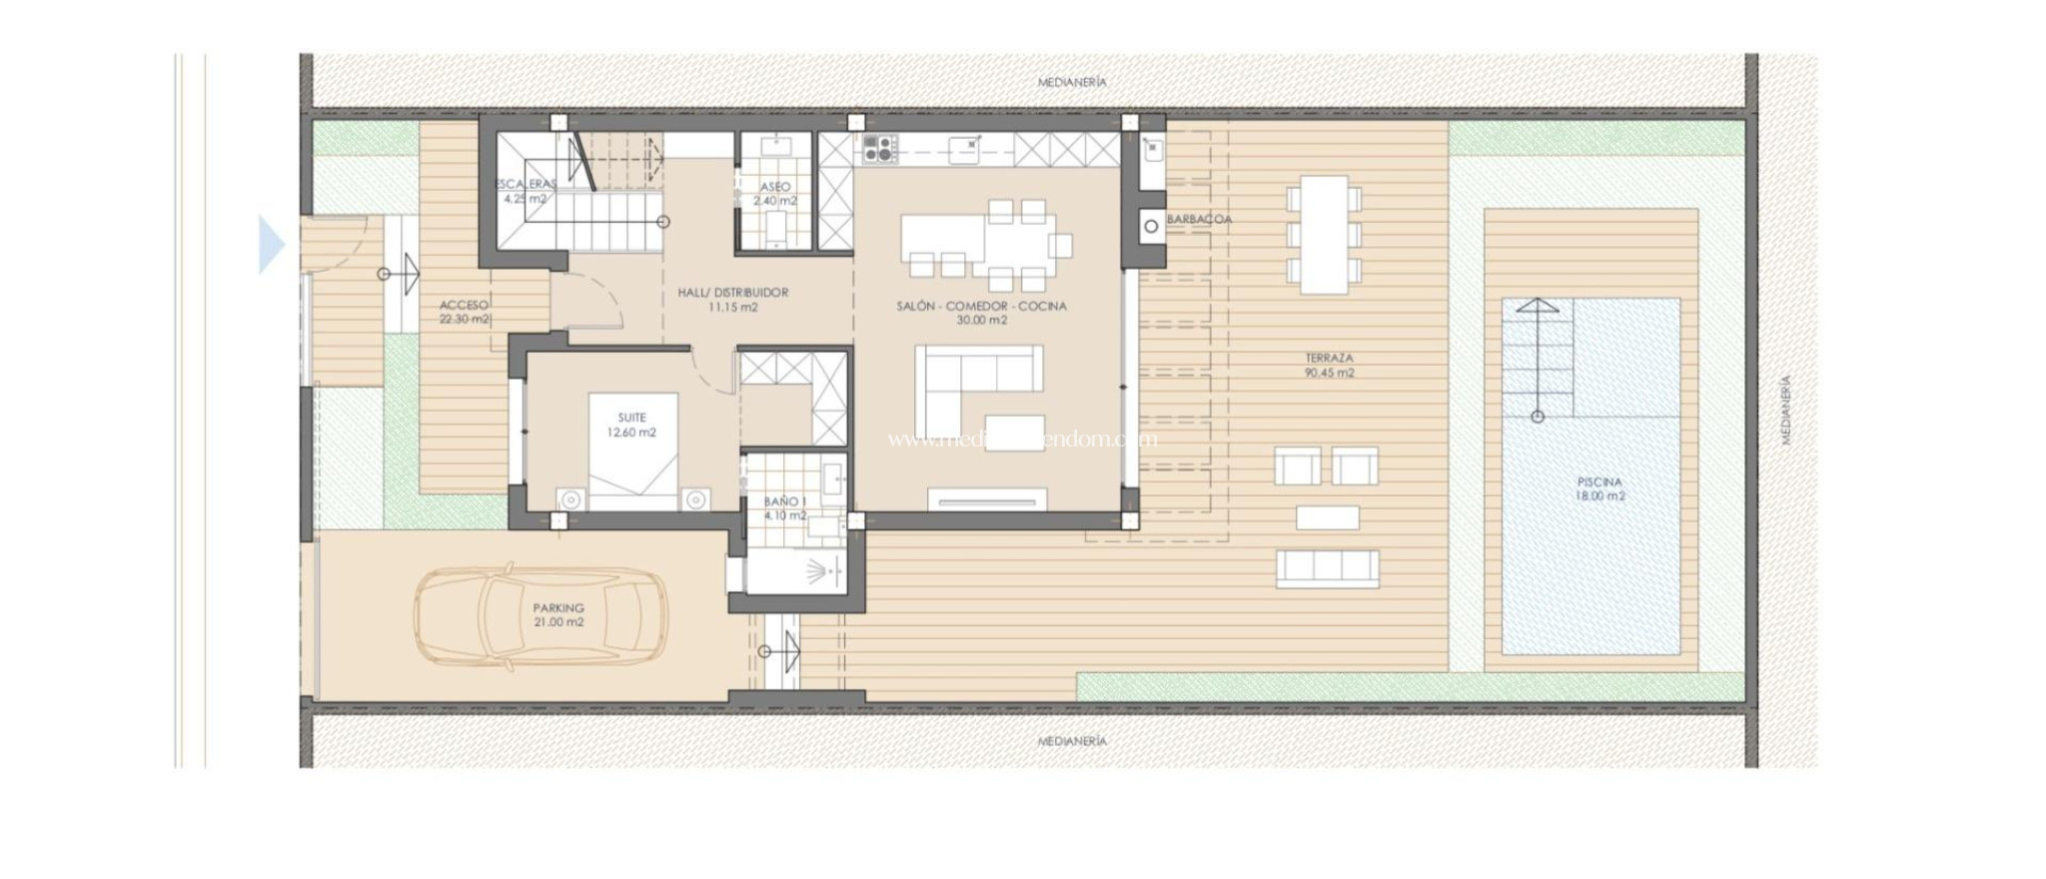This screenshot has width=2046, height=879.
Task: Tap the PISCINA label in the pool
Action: pyautogui.click(x=1599, y=488)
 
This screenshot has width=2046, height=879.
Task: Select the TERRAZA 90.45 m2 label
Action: pyautogui.click(x=1329, y=365)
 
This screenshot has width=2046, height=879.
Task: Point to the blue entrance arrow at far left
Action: pyautogui.click(x=271, y=245)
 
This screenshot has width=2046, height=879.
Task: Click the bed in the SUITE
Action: pyautogui.click(x=632, y=449)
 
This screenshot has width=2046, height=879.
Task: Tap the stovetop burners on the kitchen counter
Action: pyautogui.click(x=879, y=150)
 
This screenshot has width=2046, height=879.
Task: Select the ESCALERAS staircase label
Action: pyautogui.click(x=525, y=191)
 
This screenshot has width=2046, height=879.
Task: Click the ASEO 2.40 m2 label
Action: pyautogui.click(x=774, y=193)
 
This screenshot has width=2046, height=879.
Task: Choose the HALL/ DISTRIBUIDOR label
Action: pyautogui.click(x=732, y=300)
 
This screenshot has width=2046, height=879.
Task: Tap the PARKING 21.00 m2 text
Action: pyautogui.click(x=557, y=614)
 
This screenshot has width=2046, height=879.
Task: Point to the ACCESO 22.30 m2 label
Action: pyautogui.click(x=465, y=312)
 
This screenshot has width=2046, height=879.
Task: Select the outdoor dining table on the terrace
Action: pyautogui.click(x=1324, y=235)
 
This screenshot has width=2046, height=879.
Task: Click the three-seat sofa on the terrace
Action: pyautogui.click(x=1328, y=567)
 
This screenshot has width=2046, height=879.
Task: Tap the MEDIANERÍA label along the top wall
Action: pyautogui.click(x=1072, y=82)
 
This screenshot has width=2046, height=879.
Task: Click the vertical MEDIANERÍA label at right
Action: pyautogui.click(x=1786, y=410)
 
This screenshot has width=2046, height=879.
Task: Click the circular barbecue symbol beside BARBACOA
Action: pyautogui.click(x=1151, y=227)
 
